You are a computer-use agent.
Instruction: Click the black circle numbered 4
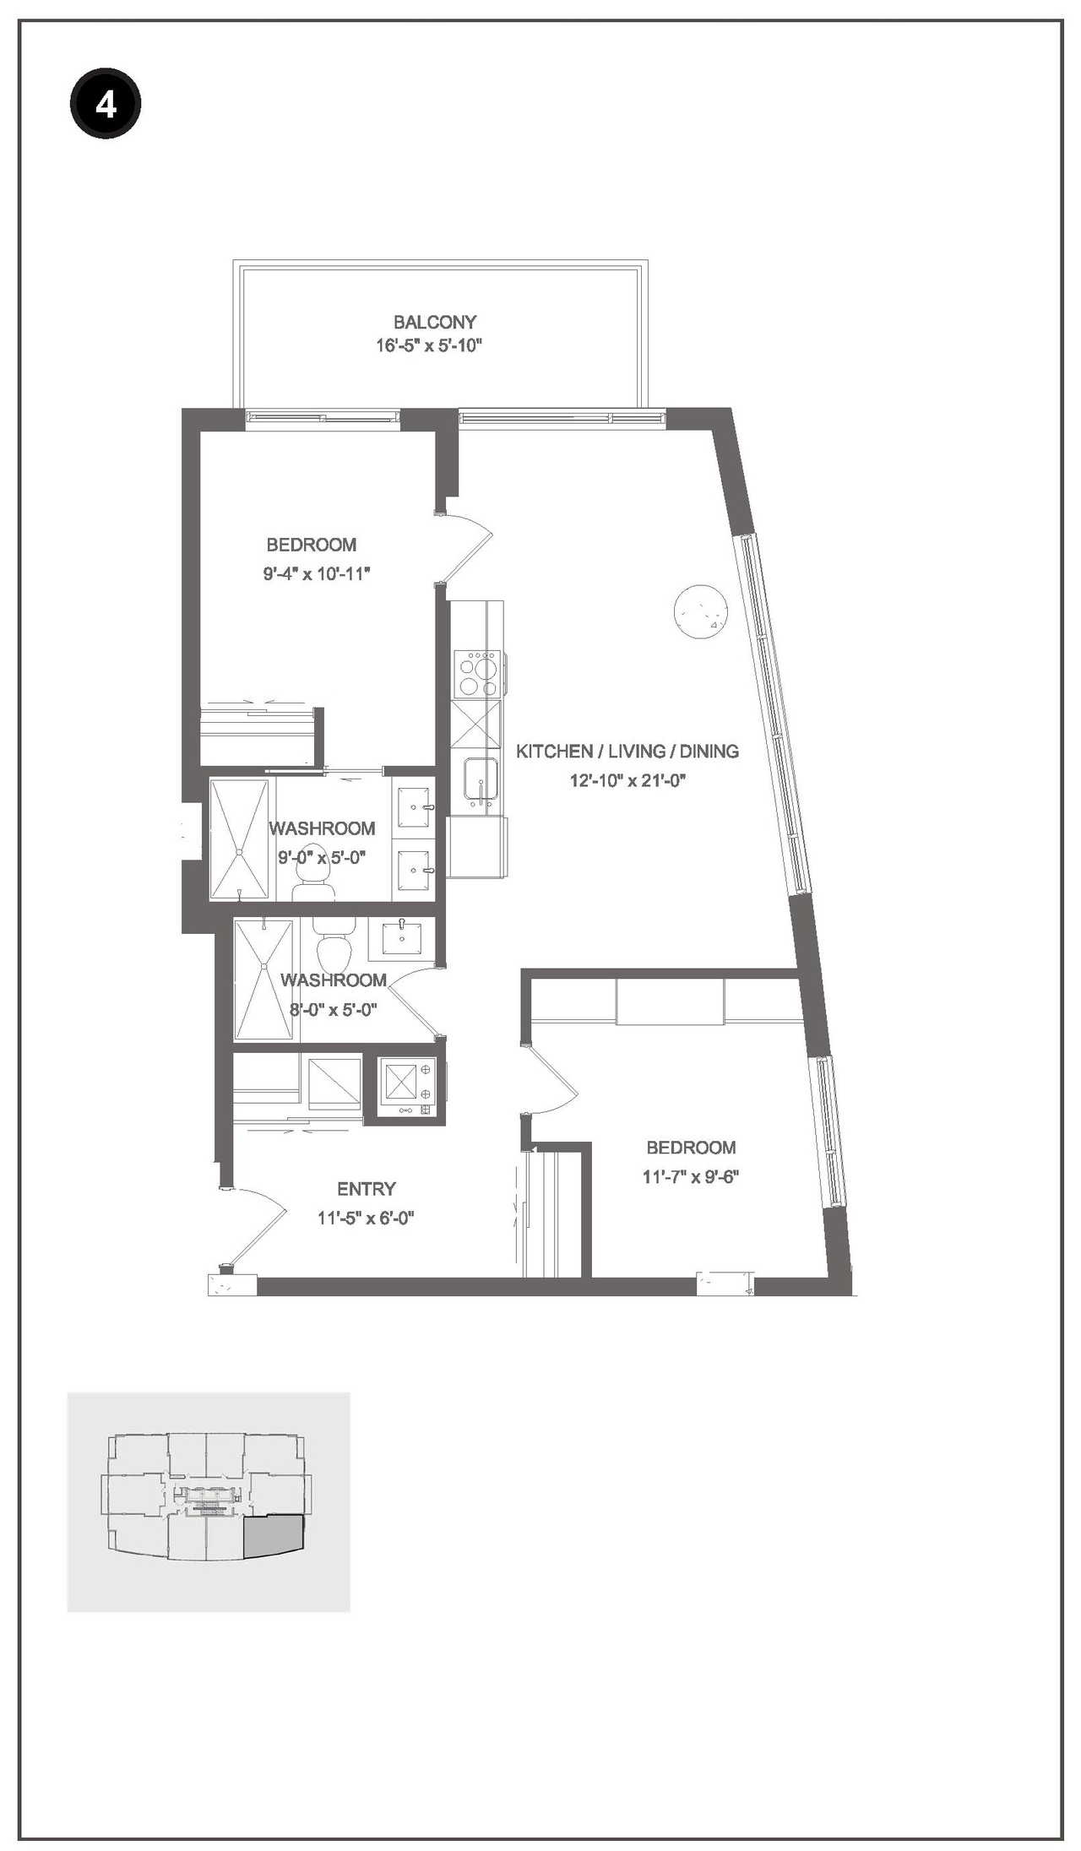(x=105, y=105)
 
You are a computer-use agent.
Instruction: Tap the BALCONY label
(x=434, y=322)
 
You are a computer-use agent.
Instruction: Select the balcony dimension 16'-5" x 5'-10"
(x=428, y=345)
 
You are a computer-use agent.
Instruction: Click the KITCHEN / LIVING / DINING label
(x=627, y=751)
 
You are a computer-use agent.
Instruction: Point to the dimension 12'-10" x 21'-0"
(x=627, y=780)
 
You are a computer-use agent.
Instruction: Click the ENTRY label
(x=366, y=1189)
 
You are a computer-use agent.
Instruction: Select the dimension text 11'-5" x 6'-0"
(x=366, y=1218)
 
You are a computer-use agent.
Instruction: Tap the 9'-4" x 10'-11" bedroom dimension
(x=317, y=574)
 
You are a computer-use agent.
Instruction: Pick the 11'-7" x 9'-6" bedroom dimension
(x=690, y=1176)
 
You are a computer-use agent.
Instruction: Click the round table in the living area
(x=700, y=611)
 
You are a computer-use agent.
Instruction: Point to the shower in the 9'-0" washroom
(x=242, y=838)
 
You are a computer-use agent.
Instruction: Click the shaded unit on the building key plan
(x=272, y=1538)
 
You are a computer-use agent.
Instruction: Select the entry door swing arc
(x=258, y=1224)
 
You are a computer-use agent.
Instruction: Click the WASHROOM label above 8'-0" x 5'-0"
(x=333, y=980)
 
